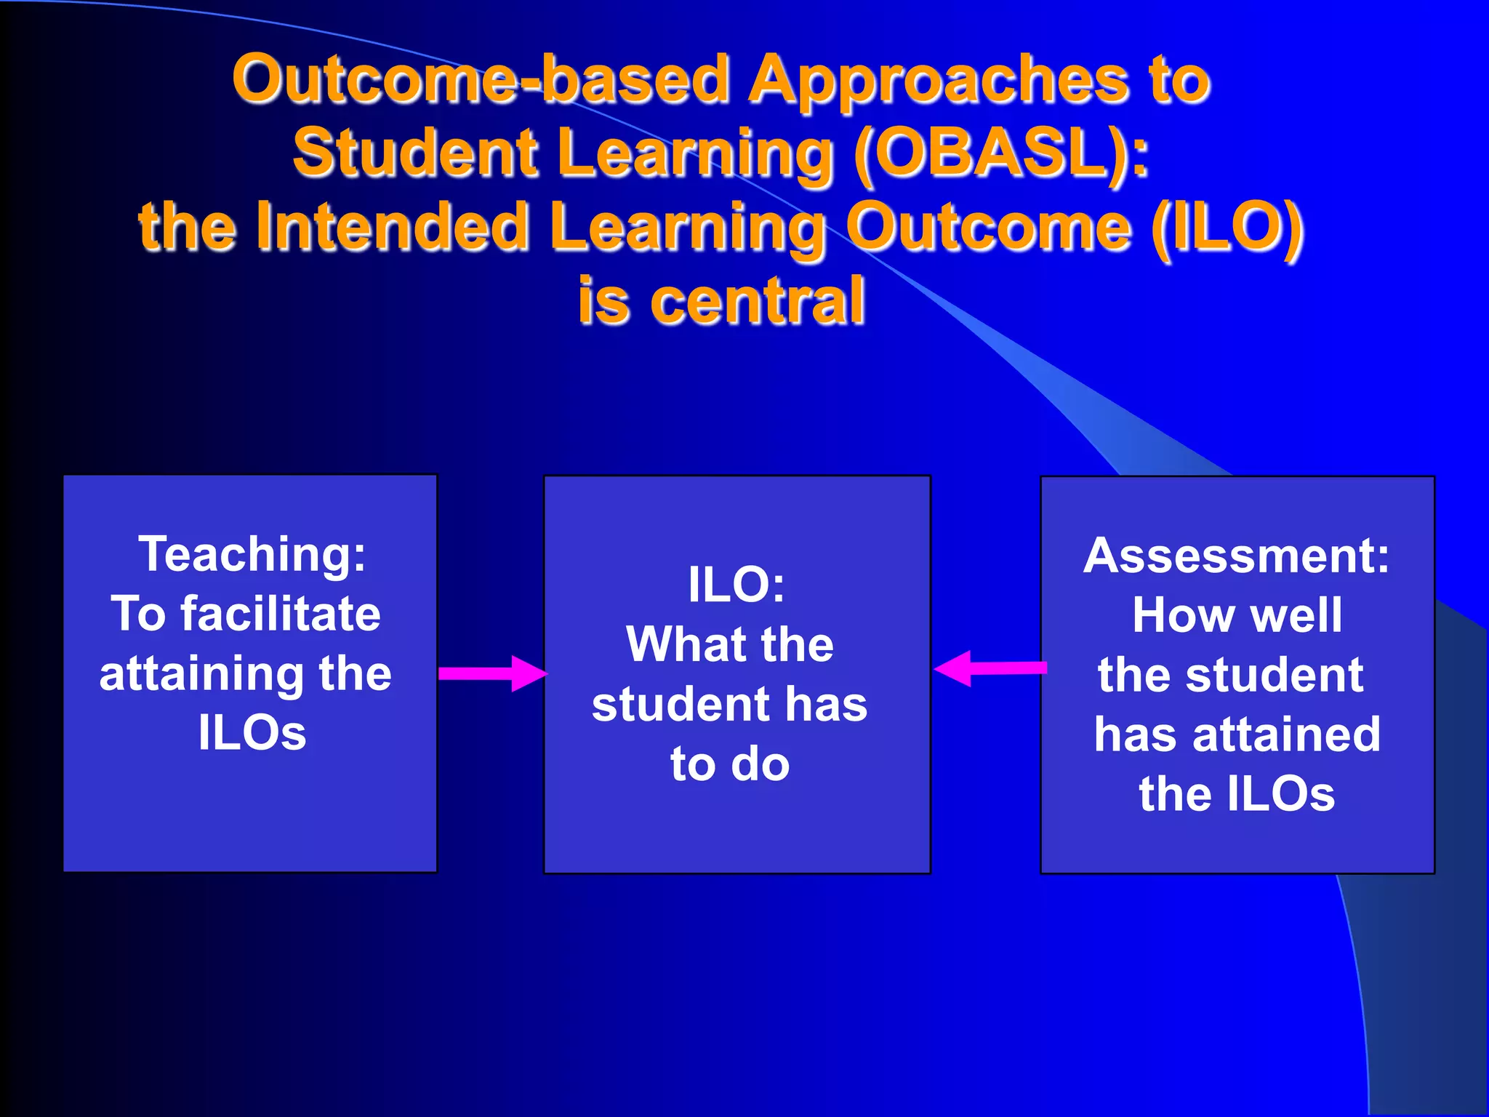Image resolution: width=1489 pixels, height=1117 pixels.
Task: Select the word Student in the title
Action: coord(415,153)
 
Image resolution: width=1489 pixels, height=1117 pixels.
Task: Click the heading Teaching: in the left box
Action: coord(252,554)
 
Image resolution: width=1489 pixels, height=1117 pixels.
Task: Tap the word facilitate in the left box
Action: coord(281,614)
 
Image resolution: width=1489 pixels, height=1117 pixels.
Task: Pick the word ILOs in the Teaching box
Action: coord(252,733)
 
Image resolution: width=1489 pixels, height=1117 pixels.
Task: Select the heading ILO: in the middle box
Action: coord(737,585)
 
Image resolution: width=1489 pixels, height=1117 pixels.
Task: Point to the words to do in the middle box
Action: coord(730,764)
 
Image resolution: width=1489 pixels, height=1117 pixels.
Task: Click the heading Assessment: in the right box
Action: coord(1236,556)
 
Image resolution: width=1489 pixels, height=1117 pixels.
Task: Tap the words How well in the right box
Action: coord(1237,616)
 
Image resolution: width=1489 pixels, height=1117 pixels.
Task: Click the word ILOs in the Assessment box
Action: coord(1281,794)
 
